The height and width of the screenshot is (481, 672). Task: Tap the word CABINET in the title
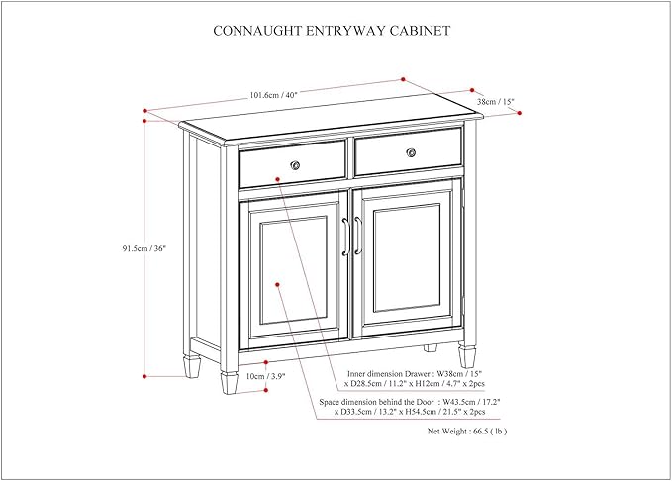(x=419, y=31)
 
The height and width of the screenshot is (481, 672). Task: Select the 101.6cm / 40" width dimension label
(x=274, y=95)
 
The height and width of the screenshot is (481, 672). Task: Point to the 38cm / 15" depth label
(x=496, y=101)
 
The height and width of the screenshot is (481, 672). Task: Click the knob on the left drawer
(x=294, y=162)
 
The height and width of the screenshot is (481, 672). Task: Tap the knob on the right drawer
(x=411, y=151)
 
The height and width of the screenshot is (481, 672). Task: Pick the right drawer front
(x=409, y=149)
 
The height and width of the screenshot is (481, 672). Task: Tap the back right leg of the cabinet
(x=431, y=348)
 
